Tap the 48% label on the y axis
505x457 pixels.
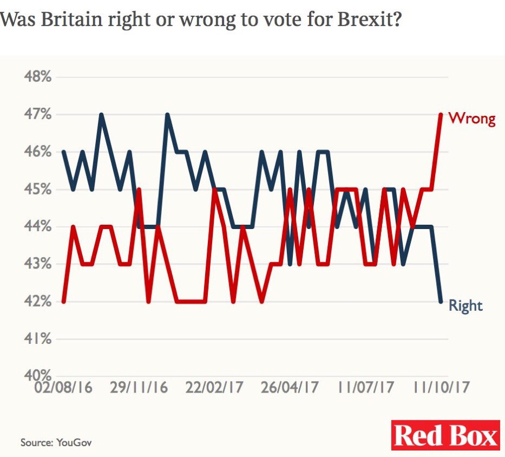37,77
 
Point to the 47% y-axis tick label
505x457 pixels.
37,115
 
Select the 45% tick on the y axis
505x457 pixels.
37,190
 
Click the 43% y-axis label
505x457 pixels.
37,264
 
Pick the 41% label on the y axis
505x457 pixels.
37,340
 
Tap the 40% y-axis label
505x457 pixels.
37,375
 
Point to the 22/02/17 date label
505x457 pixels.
214,388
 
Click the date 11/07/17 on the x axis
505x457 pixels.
366,388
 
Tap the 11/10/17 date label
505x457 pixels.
441,388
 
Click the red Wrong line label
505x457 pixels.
472,119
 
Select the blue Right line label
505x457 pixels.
465,306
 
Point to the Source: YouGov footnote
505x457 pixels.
56,442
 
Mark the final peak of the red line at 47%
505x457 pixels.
441,115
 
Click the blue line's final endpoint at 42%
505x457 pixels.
441,302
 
